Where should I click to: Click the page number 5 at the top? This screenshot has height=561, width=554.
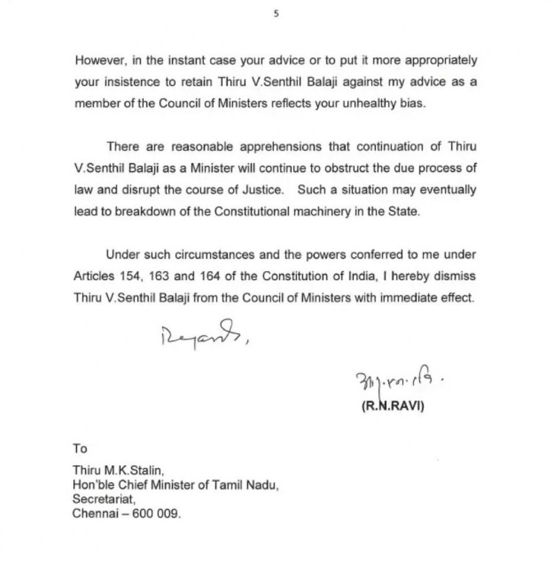click(x=276, y=14)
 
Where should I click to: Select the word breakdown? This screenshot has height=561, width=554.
click(x=145, y=212)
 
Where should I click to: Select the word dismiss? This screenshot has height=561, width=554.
click(x=456, y=276)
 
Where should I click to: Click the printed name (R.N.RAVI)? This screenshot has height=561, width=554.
click(x=393, y=406)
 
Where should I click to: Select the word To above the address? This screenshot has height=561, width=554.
click(x=80, y=449)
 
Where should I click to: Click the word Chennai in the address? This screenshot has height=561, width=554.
click(x=95, y=514)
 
